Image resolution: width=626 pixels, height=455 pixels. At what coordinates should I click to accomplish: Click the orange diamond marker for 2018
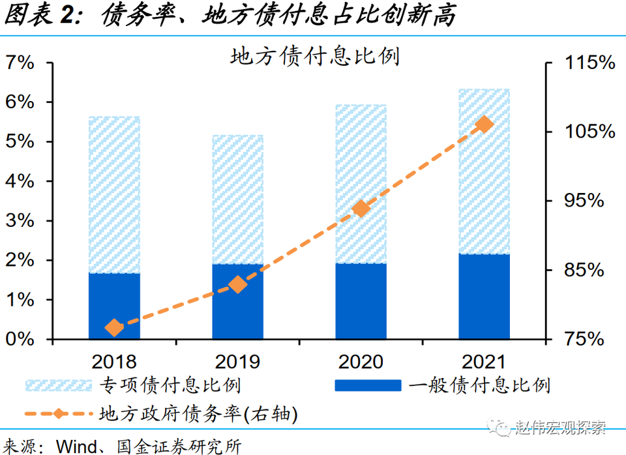[115, 327]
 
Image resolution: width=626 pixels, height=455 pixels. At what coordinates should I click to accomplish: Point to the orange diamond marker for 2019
[237, 284]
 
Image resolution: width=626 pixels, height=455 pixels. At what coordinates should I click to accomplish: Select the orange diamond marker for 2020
[361, 209]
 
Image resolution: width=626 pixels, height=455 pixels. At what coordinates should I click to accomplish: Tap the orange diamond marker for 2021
[484, 125]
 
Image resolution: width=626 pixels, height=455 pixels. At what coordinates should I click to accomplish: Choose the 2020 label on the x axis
[361, 361]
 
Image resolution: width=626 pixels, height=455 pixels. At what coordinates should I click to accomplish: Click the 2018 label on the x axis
[115, 361]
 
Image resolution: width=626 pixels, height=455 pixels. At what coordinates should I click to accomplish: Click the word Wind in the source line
[78, 447]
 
